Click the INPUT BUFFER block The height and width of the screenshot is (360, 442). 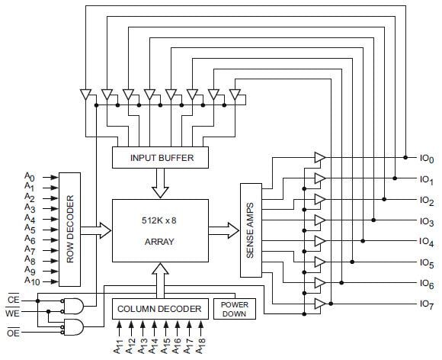point(161,158)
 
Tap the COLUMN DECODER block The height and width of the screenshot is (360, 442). point(159,309)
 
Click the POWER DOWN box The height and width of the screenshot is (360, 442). point(234,308)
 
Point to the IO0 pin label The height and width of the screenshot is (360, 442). point(425,159)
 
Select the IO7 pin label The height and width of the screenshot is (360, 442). point(425,304)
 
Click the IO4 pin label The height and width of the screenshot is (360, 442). point(425,242)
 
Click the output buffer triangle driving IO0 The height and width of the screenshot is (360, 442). point(319,158)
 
